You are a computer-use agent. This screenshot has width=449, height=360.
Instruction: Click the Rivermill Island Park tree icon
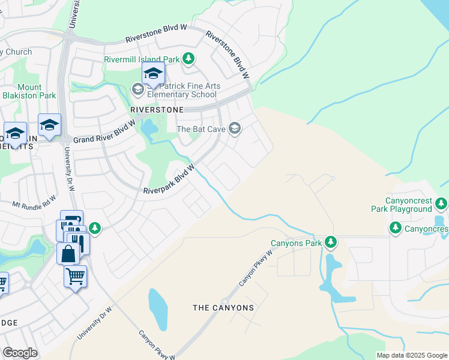(x=189, y=59)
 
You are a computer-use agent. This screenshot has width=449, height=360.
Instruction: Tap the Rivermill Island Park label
(x=142, y=59)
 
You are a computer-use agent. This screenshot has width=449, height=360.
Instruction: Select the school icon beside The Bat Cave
(x=235, y=128)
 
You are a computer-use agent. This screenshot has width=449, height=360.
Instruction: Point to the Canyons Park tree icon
(x=330, y=242)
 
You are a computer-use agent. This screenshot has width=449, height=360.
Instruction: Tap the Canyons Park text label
(x=296, y=243)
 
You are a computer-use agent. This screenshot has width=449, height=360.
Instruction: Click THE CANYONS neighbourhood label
(x=223, y=308)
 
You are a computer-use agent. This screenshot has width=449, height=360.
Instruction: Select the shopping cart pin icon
(x=75, y=277)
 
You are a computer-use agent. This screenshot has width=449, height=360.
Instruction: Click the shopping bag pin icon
(x=68, y=253)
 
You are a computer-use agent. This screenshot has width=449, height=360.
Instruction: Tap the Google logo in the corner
(x=20, y=353)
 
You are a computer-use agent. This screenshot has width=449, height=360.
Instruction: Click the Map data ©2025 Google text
(x=411, y=355)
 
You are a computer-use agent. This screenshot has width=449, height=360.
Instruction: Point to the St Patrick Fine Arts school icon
(x=137, y=89)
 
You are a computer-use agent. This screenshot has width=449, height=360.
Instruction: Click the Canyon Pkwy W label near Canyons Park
(x=256, y=267)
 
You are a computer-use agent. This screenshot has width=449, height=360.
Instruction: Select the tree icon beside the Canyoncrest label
(x=395, y=228)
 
